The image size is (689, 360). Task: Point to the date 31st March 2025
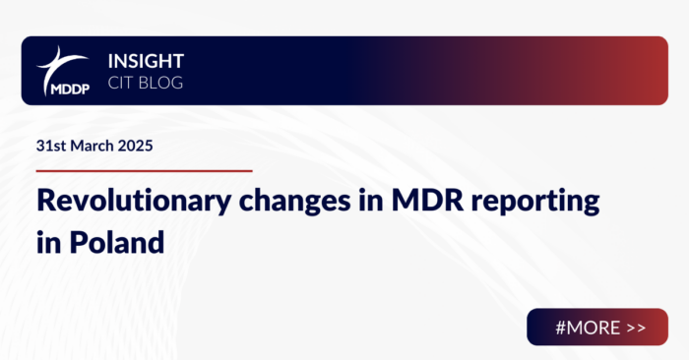point(94,145)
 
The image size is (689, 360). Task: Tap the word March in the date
point(92,145)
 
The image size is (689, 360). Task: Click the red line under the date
point(144,170)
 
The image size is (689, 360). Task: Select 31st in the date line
point(50,145)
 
